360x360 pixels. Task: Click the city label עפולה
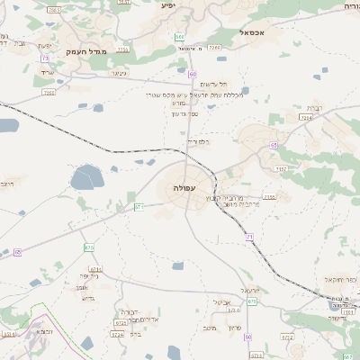tap(184, 187)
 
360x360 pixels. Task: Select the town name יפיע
tap(166, 5)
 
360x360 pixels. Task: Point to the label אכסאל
tap(257, 31)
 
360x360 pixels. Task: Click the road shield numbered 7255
tap(269, 196)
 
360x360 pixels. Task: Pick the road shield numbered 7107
tap(282, 168)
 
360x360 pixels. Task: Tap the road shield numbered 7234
tap(306, 117)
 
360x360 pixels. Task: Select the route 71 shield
tap(249, 236)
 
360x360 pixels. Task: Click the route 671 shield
tap(139, 207)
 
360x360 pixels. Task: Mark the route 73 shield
tap(45, 58)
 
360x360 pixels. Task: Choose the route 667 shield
tap(253, 301)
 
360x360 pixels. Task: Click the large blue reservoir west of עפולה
tap(87, 177)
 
